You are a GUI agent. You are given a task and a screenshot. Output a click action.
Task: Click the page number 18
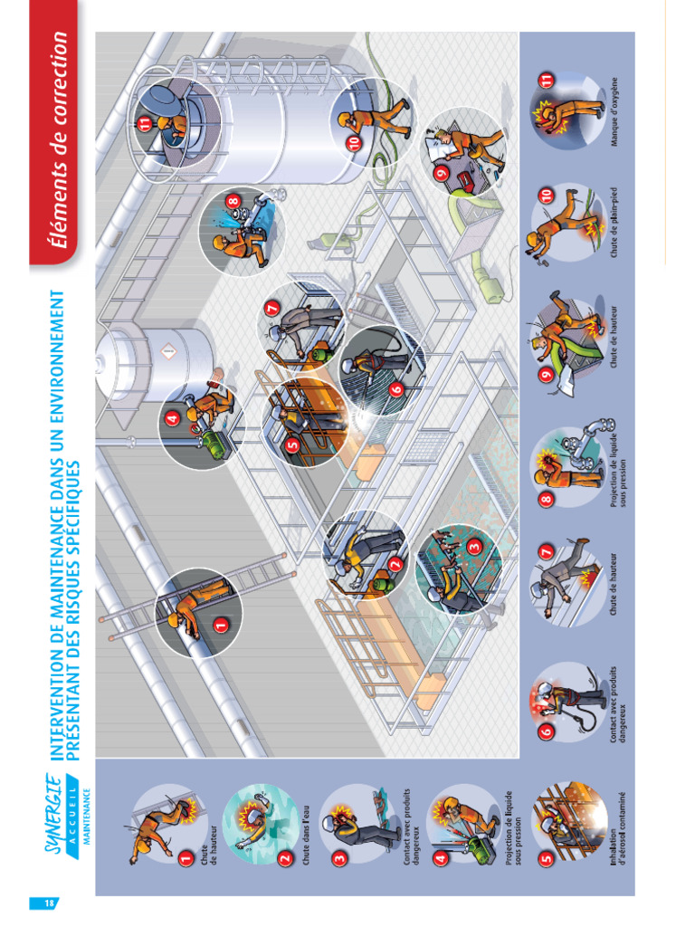click(44, 903)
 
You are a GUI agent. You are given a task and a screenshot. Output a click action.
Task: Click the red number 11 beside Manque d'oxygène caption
click(546, 81)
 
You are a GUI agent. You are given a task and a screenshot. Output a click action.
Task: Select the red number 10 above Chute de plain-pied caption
click(546, 195)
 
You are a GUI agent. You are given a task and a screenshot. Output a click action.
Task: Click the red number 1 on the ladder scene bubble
click(220, 624)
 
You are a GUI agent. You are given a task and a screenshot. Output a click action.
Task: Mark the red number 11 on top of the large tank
click(145, 125)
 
